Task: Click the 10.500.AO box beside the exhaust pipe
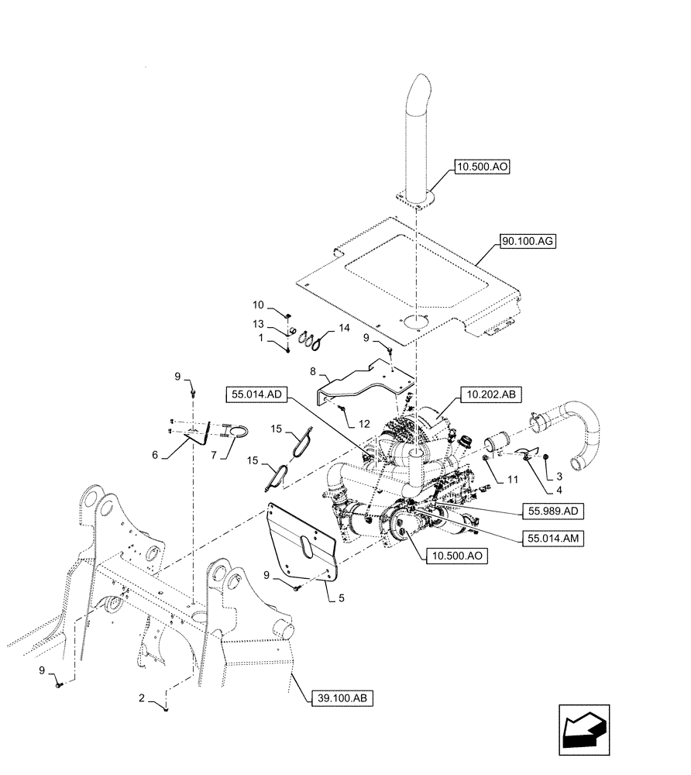(483, 167)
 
